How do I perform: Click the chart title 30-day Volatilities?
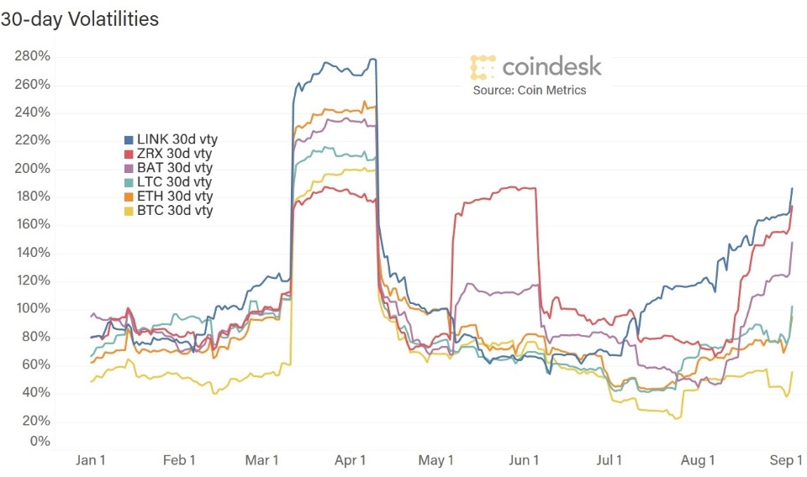point(79,19)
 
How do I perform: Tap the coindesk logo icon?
point(483,67)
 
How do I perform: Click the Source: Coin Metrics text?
point(529,90)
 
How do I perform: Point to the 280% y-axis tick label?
point(32,56)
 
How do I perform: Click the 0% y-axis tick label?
point(40,442)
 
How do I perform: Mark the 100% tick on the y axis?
point(32,309)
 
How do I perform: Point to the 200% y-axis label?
point(32,169)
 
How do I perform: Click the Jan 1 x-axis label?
point(91,460)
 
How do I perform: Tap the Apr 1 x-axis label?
point(351,460)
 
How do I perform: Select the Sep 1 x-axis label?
point(787,460)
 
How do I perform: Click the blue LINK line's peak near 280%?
point(372,59)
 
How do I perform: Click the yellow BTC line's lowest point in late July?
point(677,417)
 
